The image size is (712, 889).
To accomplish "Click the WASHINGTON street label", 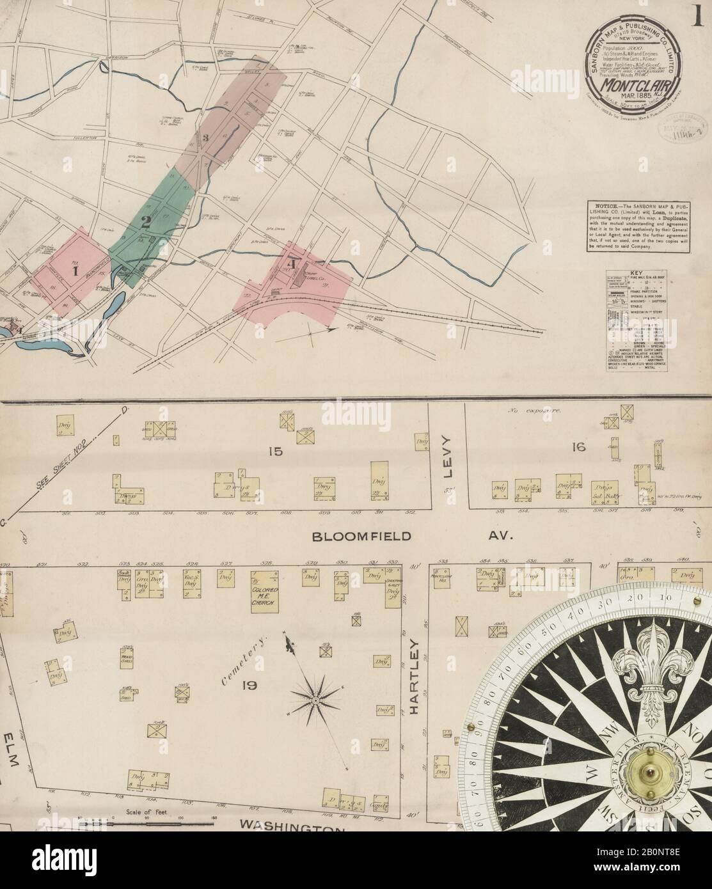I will [x=291, y=827].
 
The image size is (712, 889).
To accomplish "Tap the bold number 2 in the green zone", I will [x=146, y=223].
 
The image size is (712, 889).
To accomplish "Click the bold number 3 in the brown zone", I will [x=205, y=138].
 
